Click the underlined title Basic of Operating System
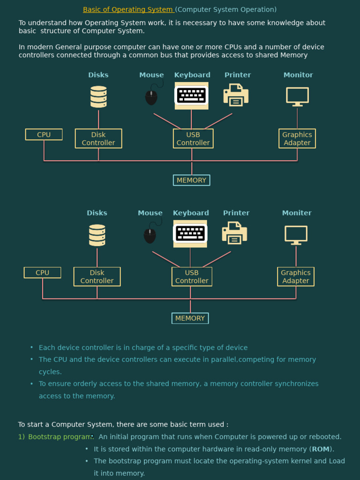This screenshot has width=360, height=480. point(128,9)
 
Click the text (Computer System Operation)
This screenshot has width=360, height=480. point(226,9)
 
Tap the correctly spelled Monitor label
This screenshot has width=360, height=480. point(298,75)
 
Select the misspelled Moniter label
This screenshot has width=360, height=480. point(297,213)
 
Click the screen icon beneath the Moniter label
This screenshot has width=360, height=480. point(296,235)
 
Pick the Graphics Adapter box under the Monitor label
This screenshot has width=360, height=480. point(297,139)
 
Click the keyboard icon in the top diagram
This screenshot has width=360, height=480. point(191,96)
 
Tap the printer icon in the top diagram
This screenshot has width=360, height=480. point(236,95)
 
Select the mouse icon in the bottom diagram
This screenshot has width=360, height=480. point(150,234)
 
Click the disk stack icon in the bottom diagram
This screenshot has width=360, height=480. point(97,235)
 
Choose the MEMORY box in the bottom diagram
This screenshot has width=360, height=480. point(190,318)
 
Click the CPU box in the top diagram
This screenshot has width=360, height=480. point(44,135)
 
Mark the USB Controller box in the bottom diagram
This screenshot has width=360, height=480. point(192,277)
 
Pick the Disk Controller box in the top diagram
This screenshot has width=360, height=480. point(98,139)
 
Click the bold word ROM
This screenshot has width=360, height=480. point(321,449)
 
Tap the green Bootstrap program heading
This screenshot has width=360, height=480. point(60,437)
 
